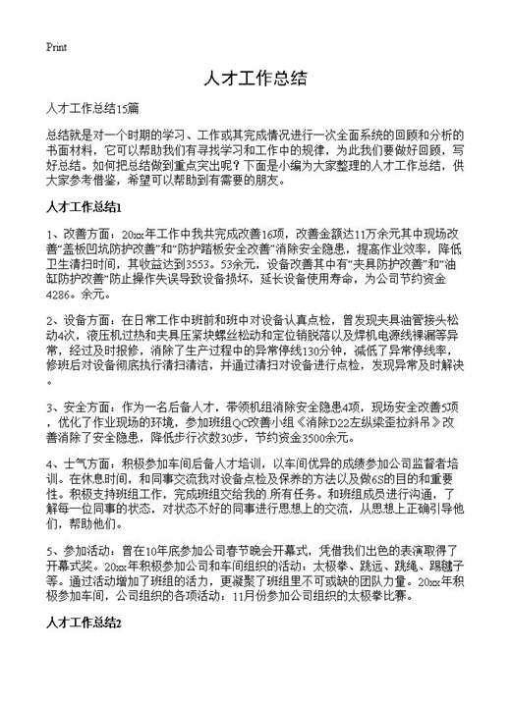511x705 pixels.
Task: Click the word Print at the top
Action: click(55, 46)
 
